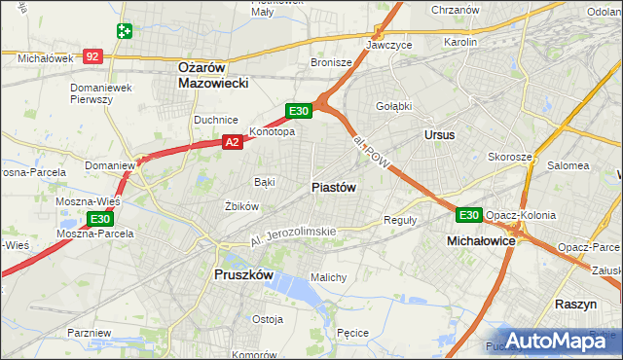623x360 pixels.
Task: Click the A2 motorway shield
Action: pos(232,142)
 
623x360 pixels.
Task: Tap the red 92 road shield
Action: pos(92,57)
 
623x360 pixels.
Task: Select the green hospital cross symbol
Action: pos(124,31)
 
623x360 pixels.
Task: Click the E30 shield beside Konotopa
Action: pos(299,112)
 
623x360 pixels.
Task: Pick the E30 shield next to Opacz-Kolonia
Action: pos(468,215)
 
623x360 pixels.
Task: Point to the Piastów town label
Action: pos(334,187)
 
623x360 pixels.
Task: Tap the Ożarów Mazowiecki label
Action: pos(214,75)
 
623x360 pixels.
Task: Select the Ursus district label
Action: pos(439,135)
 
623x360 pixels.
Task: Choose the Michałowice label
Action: pos(481,239)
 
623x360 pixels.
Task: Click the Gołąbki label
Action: pos(394,106)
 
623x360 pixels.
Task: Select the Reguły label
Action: pos(400,220)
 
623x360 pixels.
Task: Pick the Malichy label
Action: pos(329,277)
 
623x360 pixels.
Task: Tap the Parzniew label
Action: pos(90,333)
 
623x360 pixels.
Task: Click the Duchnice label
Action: pos(214,120)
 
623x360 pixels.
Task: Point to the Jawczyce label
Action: pos(389,46)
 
